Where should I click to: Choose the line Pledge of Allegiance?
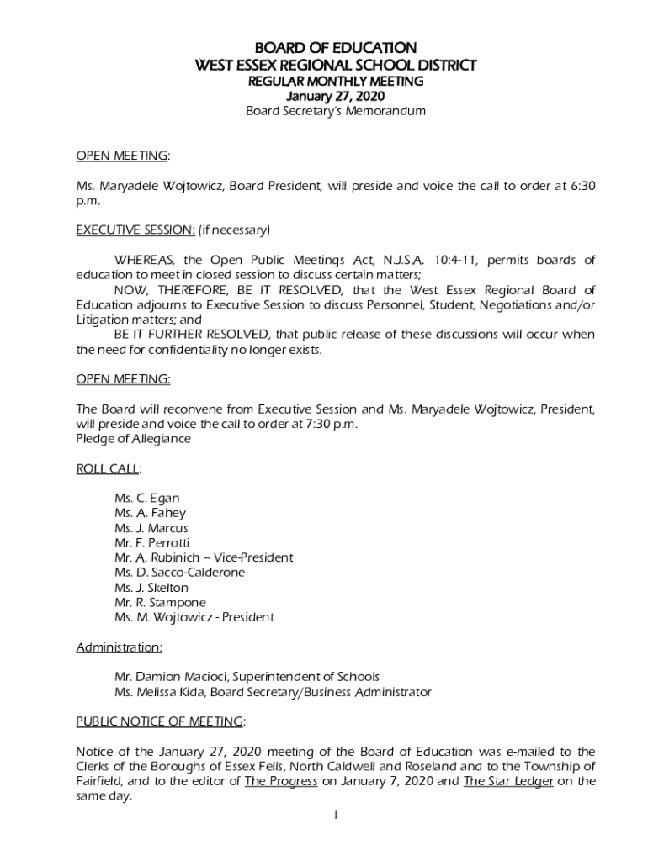pyautogui.click(x=133, y=439)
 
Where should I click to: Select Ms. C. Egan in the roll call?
pyautogui.click(x=146, y=498)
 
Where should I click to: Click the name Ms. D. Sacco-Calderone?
pyautogui.click(x=179, y=572)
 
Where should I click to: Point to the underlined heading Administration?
pyautogui.click(x=119, y=647)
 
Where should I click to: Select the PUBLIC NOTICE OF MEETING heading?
pyautogui.click(x=159, y=721)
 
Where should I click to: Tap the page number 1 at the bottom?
pyautogui.click(x=335, y=815)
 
